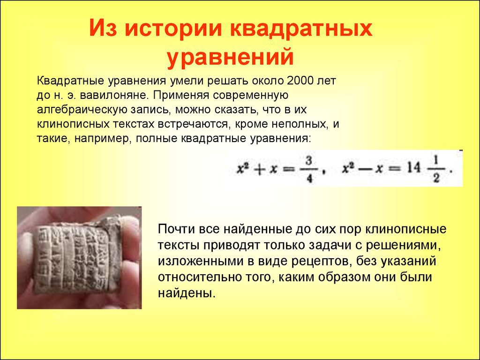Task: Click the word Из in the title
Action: click(104, 29)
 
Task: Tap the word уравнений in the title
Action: click(230, 57)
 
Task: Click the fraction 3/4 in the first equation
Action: click(309, 169)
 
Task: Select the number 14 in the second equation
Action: click(414, 168)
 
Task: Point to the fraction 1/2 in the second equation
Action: click(436, 169)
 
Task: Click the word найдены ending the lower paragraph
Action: click(185, 293)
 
